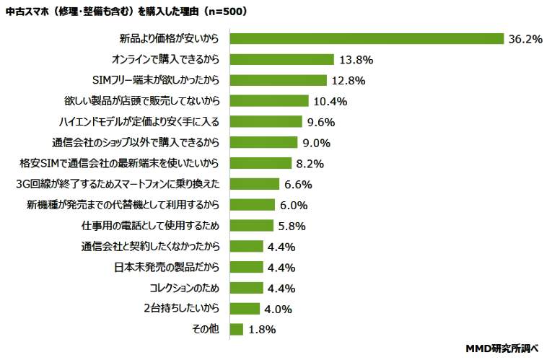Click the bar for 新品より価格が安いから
(366, 38)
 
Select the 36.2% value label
(525, 39)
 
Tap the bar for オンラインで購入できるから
(281, 59)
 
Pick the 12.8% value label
(349, 80)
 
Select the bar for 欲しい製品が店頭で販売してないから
(269, 101)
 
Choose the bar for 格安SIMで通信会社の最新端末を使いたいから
(260, 163)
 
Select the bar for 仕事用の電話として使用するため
(252, 226)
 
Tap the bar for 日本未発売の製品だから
(246, 268)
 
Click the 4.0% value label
(278, 309)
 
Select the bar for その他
(236, 330)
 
